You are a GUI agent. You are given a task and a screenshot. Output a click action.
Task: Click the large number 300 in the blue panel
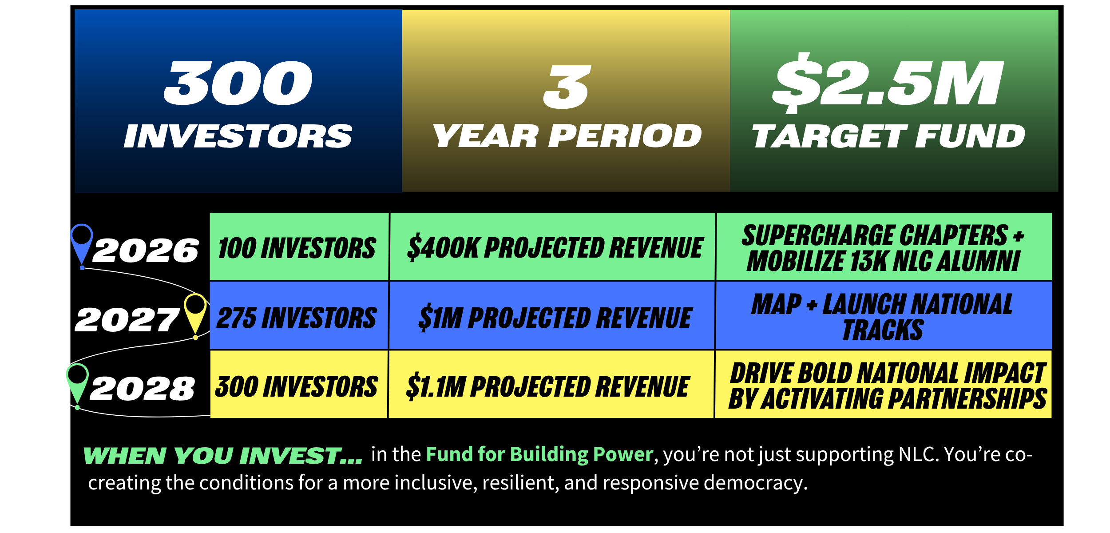click(238, 83)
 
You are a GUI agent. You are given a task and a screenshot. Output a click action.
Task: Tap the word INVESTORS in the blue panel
click(238, 136)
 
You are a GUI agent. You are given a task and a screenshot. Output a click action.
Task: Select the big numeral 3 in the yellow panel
click(567, 87)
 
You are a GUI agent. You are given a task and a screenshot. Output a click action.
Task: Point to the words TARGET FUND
click(888, 136)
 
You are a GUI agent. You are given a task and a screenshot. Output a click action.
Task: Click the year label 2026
click(146, 251)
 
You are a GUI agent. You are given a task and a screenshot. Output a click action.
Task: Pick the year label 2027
click(127, 320)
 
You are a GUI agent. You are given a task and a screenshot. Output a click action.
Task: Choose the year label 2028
click(142, 389)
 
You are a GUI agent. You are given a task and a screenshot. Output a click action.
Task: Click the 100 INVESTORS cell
click(299, 247)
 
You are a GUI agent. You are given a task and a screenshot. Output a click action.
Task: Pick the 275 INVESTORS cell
click(299, 316)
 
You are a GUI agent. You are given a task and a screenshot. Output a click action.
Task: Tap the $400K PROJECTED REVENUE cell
click(552, 247)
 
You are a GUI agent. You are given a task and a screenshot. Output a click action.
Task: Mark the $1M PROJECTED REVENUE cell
click(552, 316)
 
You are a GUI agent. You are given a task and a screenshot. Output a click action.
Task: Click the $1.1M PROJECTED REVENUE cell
click(551, 385)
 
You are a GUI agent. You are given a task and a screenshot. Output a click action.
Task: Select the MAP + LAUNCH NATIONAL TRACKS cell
click(884, 316)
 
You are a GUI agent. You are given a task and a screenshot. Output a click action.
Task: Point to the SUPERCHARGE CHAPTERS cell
click(884, 247)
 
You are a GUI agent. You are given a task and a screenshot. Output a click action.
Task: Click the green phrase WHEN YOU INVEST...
click(222, 456)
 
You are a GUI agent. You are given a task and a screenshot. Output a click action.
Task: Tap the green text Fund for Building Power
click(539, 454)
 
